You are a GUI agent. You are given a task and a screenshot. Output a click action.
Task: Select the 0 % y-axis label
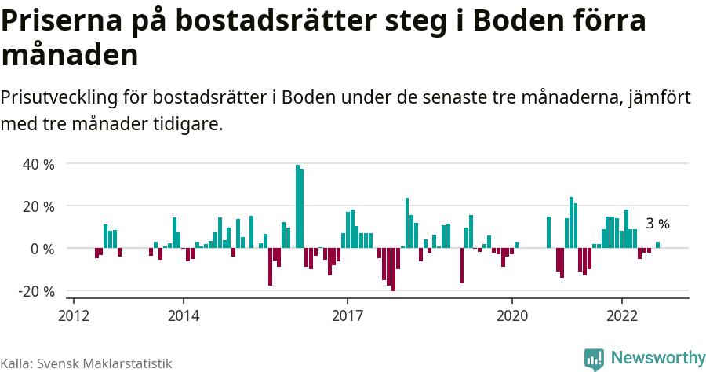(42, 249)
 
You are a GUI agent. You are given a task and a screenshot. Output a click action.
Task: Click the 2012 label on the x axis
(73, 315)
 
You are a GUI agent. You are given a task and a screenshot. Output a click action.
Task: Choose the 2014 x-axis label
(183, 315)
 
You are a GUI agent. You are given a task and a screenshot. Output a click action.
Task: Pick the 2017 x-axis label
(348, 315)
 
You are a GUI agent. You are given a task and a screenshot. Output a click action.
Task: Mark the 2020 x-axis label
(512, 315)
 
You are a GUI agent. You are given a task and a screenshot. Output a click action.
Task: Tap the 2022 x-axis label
(622, 315)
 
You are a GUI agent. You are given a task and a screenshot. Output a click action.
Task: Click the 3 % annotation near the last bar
(657, 224)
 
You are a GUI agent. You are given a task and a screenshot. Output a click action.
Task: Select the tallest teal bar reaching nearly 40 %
(297, 206)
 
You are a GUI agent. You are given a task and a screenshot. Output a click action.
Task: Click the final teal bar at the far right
(657, 245)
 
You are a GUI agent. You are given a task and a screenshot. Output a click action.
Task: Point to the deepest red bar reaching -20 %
(393, 269)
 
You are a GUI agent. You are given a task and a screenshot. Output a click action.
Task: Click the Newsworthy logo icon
(594, 359)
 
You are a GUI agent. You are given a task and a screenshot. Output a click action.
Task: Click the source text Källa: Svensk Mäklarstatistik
(86, 363)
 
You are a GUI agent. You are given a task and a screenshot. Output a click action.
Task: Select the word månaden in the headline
(70, 56)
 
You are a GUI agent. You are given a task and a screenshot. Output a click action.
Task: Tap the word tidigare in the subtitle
(189, 124)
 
